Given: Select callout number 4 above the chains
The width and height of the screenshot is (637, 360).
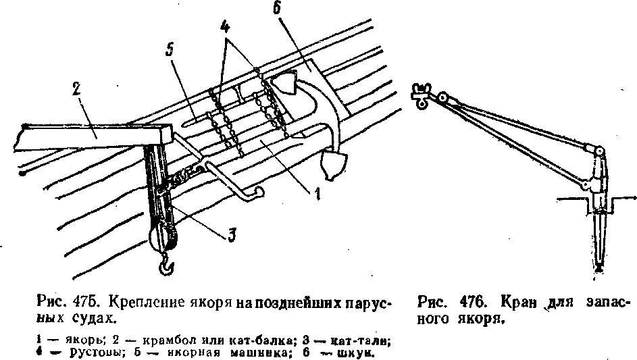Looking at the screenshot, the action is (x=224, y=28).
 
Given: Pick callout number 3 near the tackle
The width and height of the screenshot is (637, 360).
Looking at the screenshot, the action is (x=231, y=234).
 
